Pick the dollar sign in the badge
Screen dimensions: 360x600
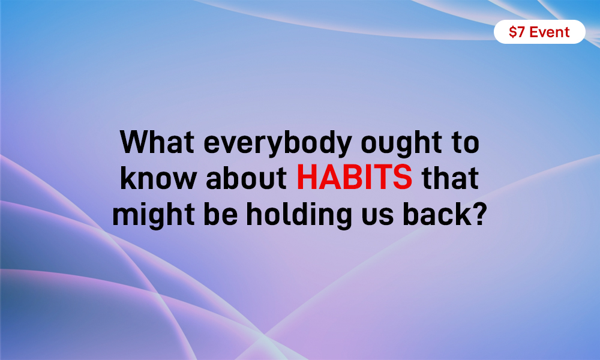(512, 32)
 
